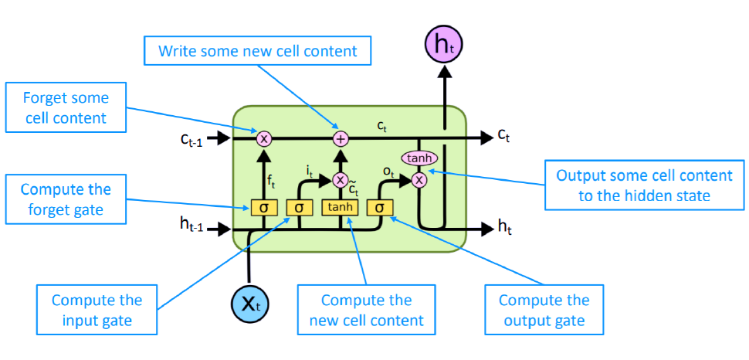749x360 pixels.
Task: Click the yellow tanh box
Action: coord(340,207)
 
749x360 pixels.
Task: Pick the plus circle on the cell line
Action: coord(340,138)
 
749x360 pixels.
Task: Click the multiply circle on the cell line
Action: coord(264,138)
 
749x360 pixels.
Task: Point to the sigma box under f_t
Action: coord(263,207)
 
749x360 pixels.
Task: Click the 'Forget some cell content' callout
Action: coord(66,109)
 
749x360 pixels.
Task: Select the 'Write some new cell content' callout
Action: coord(257,52)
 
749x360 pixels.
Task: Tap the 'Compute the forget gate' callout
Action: coord(66,199)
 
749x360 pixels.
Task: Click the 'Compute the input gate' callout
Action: coord(97,310)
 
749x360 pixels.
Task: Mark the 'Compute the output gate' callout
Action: coord(544,310)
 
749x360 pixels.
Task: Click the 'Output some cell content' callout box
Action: coord(633,185)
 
